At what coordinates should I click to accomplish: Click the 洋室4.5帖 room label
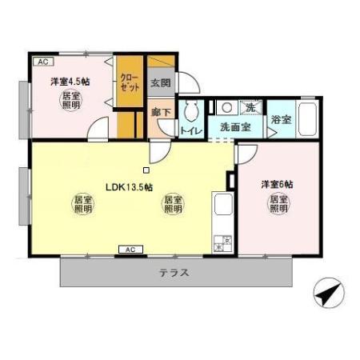pos(69,81)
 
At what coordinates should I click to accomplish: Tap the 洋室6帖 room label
pos(276,185)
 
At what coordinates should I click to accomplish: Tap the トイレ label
pos(190,130)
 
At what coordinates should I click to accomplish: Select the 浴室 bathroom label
pos(280,120)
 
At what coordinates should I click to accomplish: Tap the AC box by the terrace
pos(127,250)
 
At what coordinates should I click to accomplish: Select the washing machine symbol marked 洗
pos(250,107)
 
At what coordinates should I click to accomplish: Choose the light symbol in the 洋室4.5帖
pos(70,101)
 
